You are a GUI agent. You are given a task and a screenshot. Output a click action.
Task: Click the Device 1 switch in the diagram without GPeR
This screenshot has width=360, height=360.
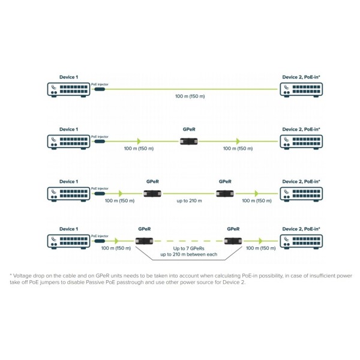tap(68, 90)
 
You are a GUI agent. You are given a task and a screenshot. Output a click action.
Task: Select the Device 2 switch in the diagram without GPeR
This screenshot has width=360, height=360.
tap(301, 90)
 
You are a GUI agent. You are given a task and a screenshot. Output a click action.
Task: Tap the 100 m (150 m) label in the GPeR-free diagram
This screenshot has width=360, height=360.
tap(190, 97)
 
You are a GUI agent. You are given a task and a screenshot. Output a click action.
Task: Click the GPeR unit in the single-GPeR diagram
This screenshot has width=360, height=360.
tap(189, 142)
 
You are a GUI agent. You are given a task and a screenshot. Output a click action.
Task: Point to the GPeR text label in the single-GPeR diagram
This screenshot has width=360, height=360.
tap(189, 129)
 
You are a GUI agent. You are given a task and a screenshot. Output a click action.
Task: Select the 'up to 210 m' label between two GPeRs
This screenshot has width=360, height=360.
tap(190, 200)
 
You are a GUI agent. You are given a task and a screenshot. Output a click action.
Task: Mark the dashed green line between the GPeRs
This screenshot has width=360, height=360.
tap(188, 241)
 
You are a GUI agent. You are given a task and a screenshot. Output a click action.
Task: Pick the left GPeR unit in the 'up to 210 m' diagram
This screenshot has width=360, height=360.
tap(152, 193)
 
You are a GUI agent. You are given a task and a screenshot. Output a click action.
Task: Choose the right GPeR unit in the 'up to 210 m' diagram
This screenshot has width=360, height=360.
tap(225, 193)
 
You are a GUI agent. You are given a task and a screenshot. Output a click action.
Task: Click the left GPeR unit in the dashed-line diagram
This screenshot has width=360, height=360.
tap(144, 241)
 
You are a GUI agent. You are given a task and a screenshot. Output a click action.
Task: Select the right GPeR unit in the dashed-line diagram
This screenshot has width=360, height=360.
tap(233, 241)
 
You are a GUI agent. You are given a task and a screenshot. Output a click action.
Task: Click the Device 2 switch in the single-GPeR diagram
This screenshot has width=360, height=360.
tap(301, 142)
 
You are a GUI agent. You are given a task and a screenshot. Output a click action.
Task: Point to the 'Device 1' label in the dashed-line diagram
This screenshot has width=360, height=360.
tap(68, 229)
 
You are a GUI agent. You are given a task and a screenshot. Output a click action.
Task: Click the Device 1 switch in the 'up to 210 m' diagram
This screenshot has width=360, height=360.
tap(68, 193)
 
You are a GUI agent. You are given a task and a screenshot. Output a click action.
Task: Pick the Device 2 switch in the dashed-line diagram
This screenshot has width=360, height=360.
tap(301, 241)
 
